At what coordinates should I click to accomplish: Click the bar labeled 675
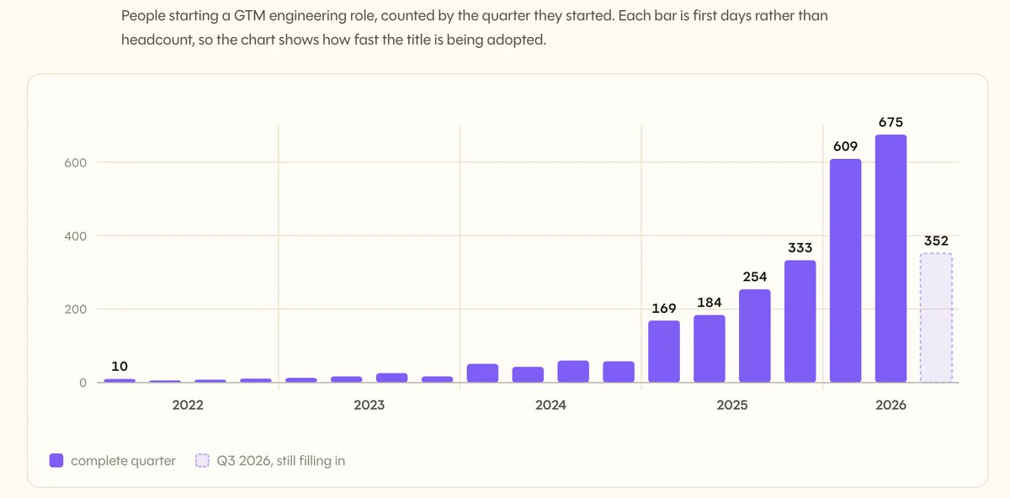890,258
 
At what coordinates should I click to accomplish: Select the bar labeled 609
845,270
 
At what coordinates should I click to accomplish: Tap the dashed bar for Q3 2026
936,318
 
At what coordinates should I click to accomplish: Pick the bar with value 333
800,321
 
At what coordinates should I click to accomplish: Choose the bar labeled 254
755,336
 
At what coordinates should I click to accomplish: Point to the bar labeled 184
710,349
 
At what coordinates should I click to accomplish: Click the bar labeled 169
664,352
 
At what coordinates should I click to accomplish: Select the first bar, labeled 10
120,381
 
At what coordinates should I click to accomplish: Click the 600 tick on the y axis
75,162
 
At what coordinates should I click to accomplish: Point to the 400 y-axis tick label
75,236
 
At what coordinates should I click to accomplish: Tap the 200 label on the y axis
75,310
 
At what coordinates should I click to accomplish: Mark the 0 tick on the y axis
83,383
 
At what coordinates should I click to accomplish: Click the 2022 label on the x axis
188,405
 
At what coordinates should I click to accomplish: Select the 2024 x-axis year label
550,405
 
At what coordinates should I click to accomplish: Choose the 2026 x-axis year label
890,405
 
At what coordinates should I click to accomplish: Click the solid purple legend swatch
56,461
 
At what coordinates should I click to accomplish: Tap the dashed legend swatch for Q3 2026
202,461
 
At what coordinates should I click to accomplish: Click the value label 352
936,241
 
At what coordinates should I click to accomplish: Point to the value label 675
890,122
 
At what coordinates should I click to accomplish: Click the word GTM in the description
249,16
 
